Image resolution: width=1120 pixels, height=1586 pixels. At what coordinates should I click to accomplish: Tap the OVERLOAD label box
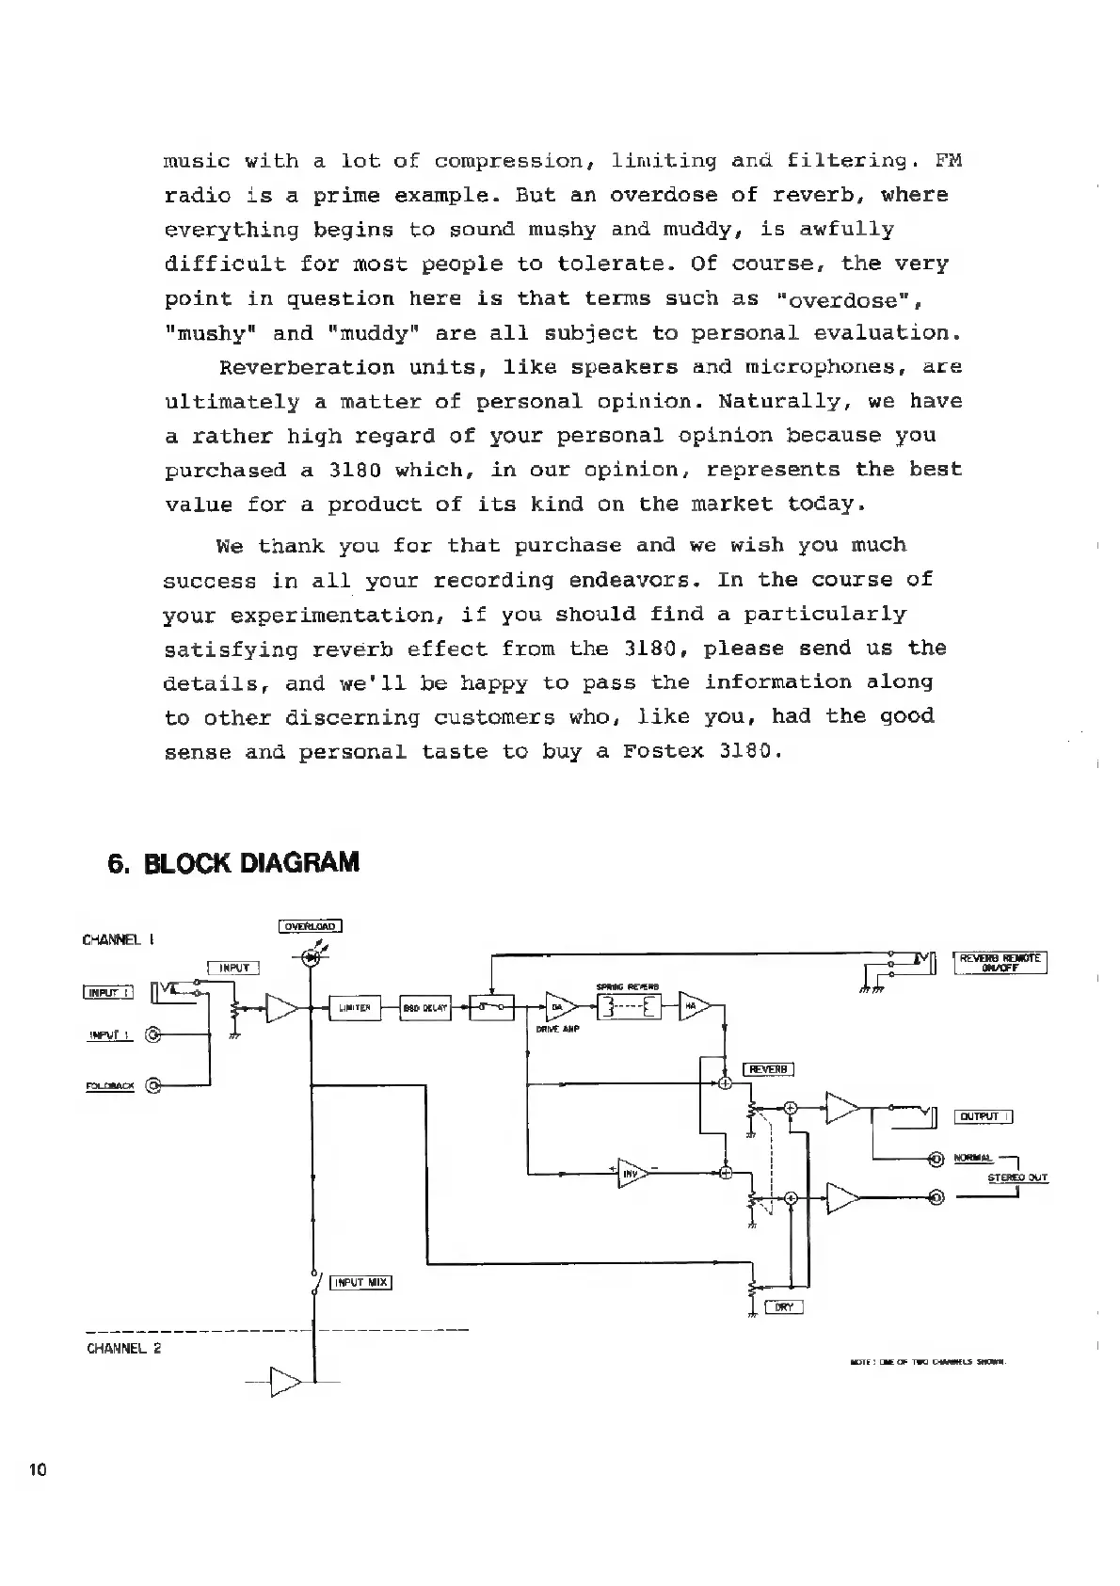[x=310, y=926]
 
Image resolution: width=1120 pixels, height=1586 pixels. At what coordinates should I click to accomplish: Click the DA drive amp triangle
[x=558, y=1008]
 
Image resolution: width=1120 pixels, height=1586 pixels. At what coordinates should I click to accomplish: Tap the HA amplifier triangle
[x=692, y=1006]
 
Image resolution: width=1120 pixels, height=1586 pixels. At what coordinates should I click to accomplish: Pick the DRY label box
[x=783, y=1306]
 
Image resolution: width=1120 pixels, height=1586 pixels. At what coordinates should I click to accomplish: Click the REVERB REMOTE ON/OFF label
[x=1000, y=965]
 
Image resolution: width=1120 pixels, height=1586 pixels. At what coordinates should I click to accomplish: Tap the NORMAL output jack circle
[x=936, y=1159]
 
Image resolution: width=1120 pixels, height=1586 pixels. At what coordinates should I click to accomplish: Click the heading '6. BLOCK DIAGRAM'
[x=233, y=863]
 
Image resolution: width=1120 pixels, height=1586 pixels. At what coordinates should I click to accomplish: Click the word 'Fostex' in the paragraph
[x=664, y=752]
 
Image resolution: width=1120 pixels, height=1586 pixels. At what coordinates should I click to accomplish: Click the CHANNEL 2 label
[x=123, y=1348]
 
